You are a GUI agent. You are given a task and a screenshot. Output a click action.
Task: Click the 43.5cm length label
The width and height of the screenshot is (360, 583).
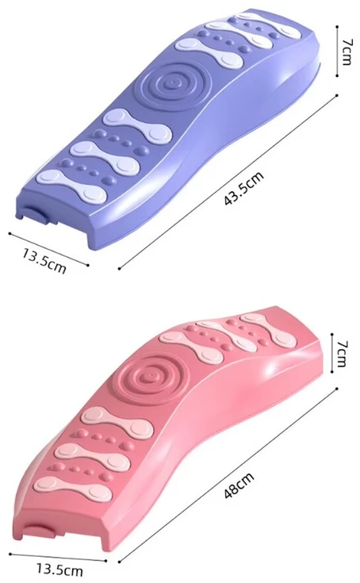pyautogui.click(x=243, y=188)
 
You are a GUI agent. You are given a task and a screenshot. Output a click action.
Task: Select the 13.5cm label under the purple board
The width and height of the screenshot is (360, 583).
pyautogui.click(x=44, y=261)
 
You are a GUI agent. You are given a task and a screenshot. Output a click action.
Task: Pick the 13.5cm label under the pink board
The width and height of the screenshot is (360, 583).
pyautogui.click(x=59, y=569)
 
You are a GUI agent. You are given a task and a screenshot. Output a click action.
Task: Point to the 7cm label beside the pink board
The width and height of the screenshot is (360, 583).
pyautogui.click(x=342, y=353)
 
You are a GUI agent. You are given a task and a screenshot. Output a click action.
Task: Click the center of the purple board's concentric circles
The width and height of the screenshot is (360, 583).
pyautogui.click(x=173, y=82)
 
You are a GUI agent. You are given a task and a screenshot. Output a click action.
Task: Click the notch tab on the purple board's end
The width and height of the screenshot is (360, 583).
pyautogui.click(x=35, y=215)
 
